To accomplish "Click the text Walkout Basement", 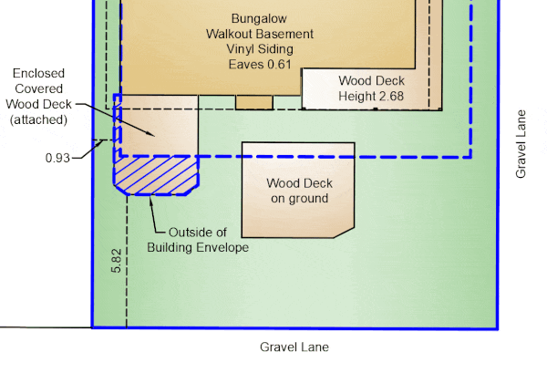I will tap(259, 35).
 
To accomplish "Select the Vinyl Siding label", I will tap(259, 50).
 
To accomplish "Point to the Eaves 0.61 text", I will tap(259, 65).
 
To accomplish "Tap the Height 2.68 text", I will tap(371, 96).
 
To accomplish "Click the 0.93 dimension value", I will tap(58, 158).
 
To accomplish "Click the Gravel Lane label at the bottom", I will tap(294, 347).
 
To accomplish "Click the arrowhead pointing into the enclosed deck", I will tap(154, 134).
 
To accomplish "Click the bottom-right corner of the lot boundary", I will tap(497, 326).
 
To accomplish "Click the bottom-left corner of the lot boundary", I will tap(93, 326).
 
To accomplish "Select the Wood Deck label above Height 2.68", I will tap(371, 81).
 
